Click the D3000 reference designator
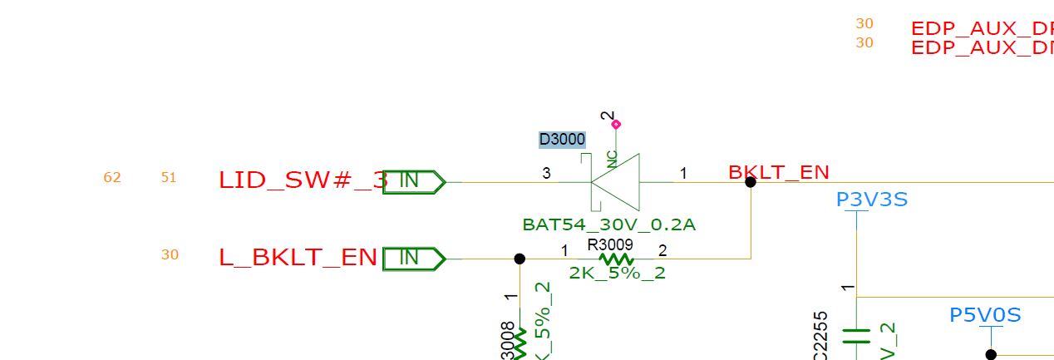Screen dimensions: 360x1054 (x=562, y=140)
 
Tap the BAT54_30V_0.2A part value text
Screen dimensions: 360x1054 (x=608, y=224)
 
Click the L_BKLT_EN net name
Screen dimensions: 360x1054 (x=298, y=258)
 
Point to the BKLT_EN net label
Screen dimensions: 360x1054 (x=778, y=173)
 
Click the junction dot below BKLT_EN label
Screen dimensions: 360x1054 (x=751, y=182)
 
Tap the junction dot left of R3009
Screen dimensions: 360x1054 (x=520, y=259)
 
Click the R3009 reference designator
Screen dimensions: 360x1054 (x=609, y=245)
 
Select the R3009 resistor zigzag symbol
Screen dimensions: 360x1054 (x=615, y=259)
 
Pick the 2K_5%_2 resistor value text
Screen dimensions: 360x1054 (x=617, y=273)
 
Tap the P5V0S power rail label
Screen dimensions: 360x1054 (x=985, y=315)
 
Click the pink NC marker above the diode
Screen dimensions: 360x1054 (x=615, y=125)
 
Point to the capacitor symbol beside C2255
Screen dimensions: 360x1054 (x=856, y=336)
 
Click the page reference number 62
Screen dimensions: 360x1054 (x=112, y=177)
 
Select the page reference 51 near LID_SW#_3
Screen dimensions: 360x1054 (x=169, y=177)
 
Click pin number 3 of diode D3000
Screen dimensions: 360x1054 (x=546, y=173)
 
